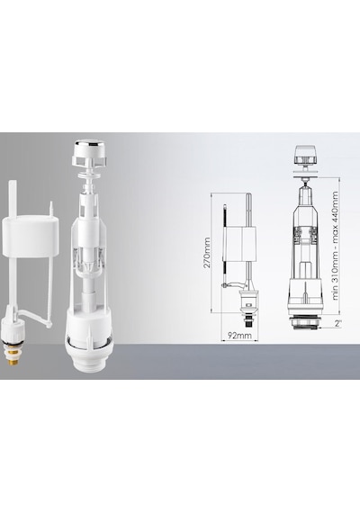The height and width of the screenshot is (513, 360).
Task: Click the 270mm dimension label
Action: click(x=207, y=253)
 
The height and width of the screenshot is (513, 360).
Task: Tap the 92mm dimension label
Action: click(x=240, y=336)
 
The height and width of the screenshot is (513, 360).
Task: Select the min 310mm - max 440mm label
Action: click(x=335, y=246)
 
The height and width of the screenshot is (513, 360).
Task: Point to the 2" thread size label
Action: click(x=338, y=324)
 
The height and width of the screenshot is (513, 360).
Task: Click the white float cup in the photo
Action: click(x=31, y=235)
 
